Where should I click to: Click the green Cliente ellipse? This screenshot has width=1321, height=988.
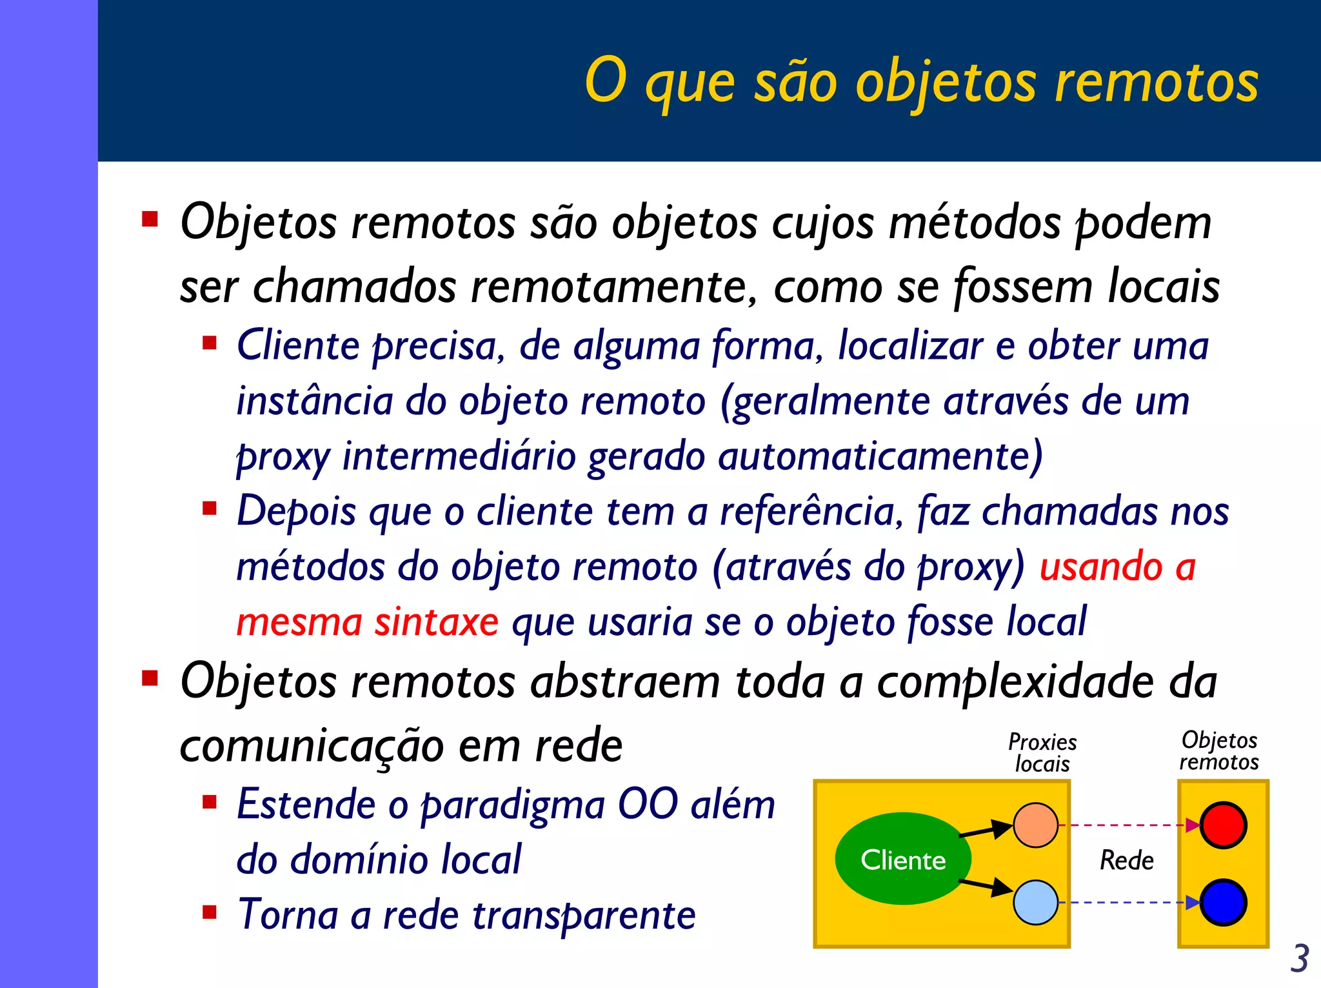(902, 859)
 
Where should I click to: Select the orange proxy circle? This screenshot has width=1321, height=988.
(1035, 825)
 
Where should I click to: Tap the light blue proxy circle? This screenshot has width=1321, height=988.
(1035, 902)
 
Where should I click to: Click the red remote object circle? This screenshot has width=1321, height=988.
(1223, 825)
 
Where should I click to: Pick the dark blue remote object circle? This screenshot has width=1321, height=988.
(1223, 902)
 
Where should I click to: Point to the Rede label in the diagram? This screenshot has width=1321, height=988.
(1126, 860)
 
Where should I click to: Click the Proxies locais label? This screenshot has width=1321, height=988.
(1042, 753)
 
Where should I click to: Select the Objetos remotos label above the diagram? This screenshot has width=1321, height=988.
(1219, 751)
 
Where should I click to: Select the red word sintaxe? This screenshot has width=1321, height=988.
(437, 622)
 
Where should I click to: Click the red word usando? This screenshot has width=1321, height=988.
(1101, 567)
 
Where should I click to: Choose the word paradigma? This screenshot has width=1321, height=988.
(513, 806)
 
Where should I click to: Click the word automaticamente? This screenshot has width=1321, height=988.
(880, 456)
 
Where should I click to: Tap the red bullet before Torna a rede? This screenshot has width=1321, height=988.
(209, 912)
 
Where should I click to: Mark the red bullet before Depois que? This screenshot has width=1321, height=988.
(209, 509)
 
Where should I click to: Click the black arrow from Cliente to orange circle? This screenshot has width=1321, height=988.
(985, 830)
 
